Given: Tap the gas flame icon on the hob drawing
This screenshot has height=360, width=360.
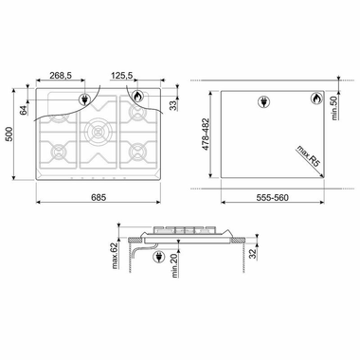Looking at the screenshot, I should [136, 97].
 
